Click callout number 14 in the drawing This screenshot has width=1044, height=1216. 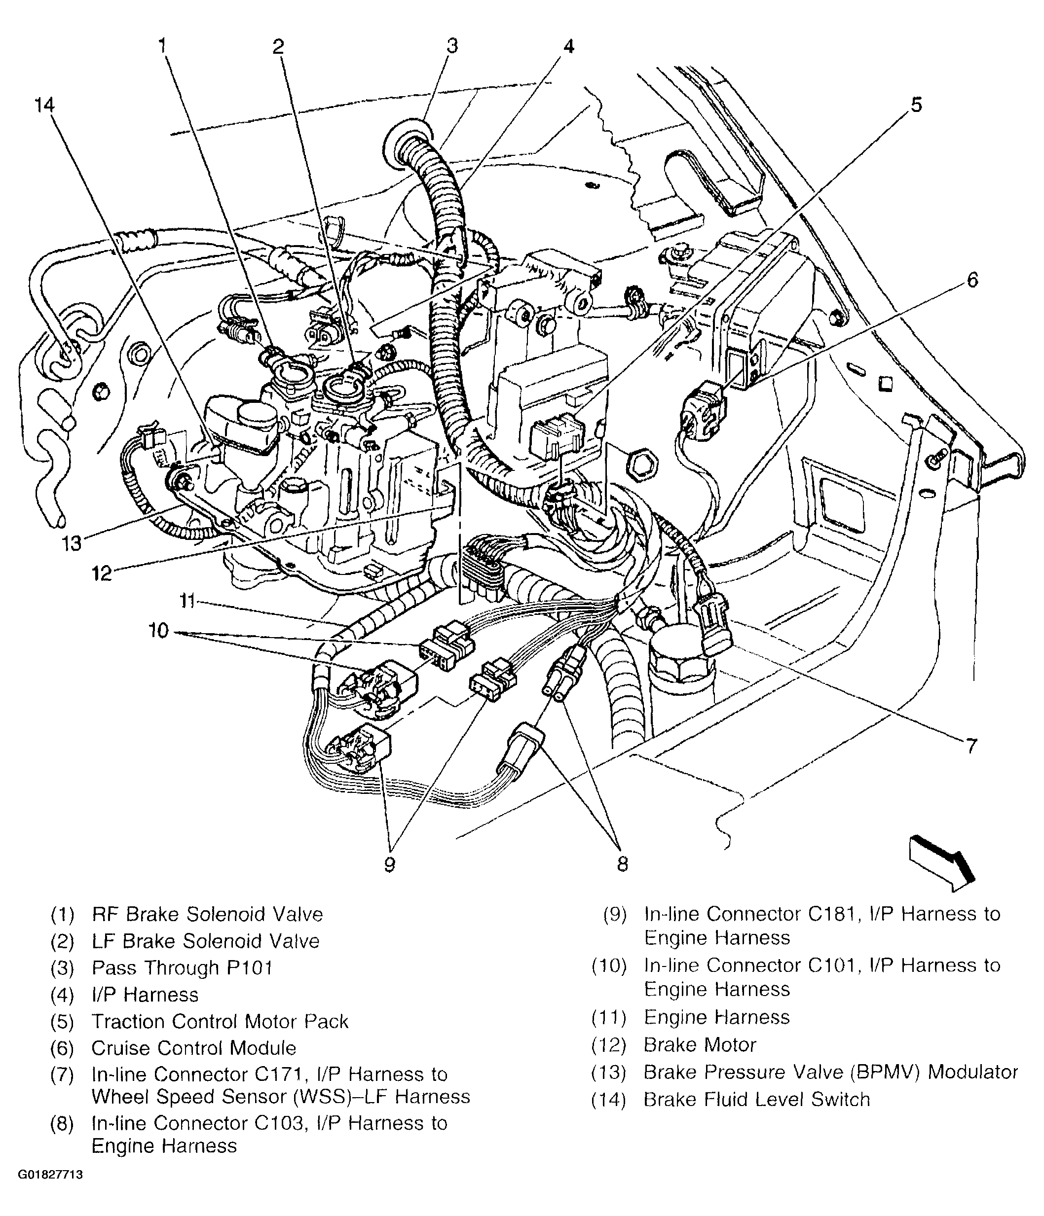pos(44,106)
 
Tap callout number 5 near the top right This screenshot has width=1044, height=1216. pos(917,105)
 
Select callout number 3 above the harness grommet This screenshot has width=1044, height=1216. pos(451,45)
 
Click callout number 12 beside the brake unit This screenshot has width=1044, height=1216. pos(102,573)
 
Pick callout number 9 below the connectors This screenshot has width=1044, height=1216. pos(389,864)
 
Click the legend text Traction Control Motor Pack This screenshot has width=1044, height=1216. pos(220,1021)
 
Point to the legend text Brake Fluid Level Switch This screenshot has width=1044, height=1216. pos(756,1099)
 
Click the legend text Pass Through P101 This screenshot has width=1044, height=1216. pos(182,968)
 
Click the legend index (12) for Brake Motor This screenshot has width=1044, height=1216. pos(609,1045)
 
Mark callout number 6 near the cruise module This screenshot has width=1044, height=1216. pos(972,280)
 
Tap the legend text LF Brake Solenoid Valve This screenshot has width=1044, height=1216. pos(206,941)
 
